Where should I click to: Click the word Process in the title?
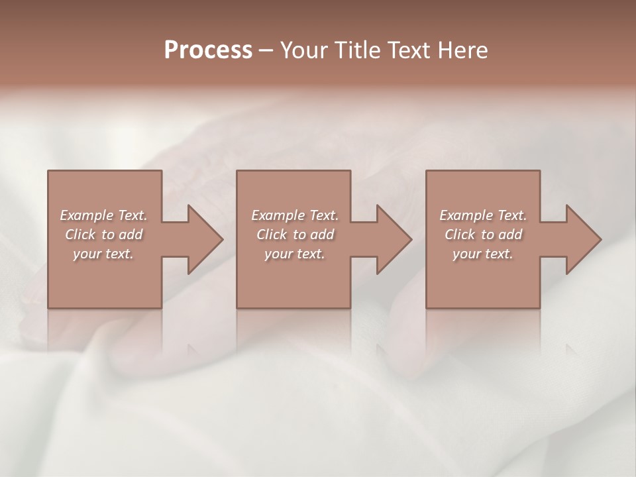[208, 50]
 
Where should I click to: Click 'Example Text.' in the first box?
[103, 215]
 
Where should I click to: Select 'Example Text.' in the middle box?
[295, 215]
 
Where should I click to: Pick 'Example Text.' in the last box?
[483, 215]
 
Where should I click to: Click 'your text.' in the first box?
[103, 254]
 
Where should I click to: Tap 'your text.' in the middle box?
[295, 254]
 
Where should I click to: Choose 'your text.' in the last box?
[483, 254]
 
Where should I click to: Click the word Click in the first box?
[80, 235]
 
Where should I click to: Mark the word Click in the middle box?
[272, 235]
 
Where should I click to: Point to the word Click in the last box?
[460, 235]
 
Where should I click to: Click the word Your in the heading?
[303, 50]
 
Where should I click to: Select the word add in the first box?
[131, 235]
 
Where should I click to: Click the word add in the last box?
[511, 235]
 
